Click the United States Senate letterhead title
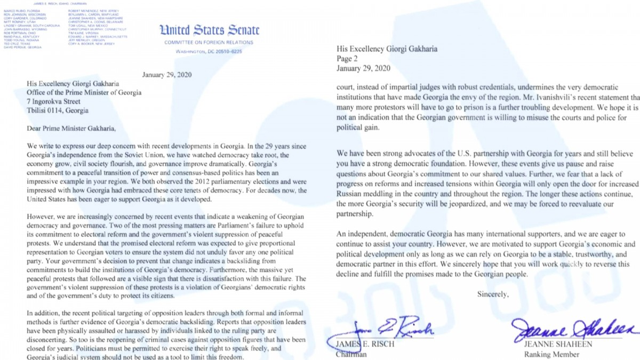209,30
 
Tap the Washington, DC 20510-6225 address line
209,51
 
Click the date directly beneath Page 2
363,68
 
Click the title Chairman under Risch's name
351,354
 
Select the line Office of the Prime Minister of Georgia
85,92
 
